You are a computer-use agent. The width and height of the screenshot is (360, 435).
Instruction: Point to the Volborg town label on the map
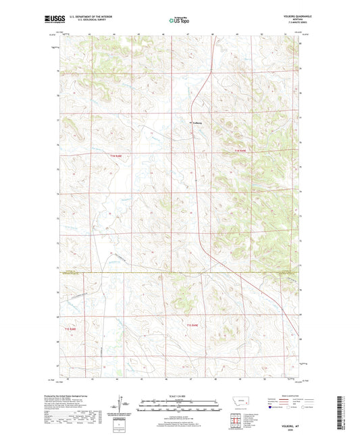pyautogui.click(x=197, y=123)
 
